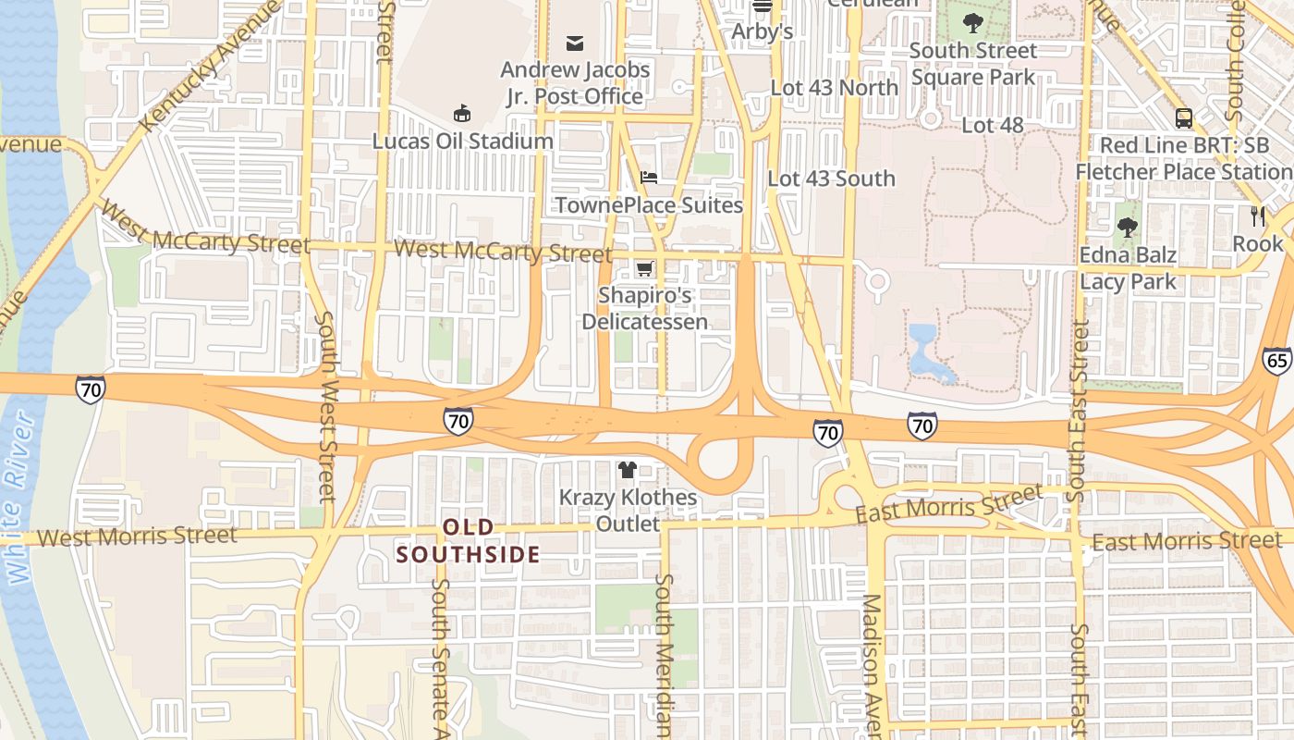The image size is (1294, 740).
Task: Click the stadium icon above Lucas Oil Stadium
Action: [x=461, y=114]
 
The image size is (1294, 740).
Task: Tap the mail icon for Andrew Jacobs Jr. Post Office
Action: [x=575, y=43]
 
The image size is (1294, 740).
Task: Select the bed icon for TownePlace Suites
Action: [x=649, y=177]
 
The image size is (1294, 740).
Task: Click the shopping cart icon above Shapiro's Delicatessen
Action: [x=644, y=268]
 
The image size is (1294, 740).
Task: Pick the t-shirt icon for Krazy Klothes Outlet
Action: [x=628, y=470]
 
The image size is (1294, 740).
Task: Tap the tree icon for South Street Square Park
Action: [x=972, y=22]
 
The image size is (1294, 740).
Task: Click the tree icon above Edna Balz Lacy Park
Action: [x=1127, y=227]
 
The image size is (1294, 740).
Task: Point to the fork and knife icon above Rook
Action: [x=1257, y=216]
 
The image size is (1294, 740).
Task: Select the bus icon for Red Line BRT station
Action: [x=1183, y=117]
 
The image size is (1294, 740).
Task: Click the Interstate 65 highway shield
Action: [x=1276, y=361]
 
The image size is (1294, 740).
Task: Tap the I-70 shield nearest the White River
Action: [x=91, y=390]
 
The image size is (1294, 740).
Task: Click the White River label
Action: [x=19, y=499]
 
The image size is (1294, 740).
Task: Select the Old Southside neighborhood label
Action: [x=468, y=541]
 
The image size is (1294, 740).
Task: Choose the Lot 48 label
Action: [x=993, y=124]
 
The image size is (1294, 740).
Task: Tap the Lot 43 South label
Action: [x=832, y=179]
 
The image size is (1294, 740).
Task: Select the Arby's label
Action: [x=763, y=31]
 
